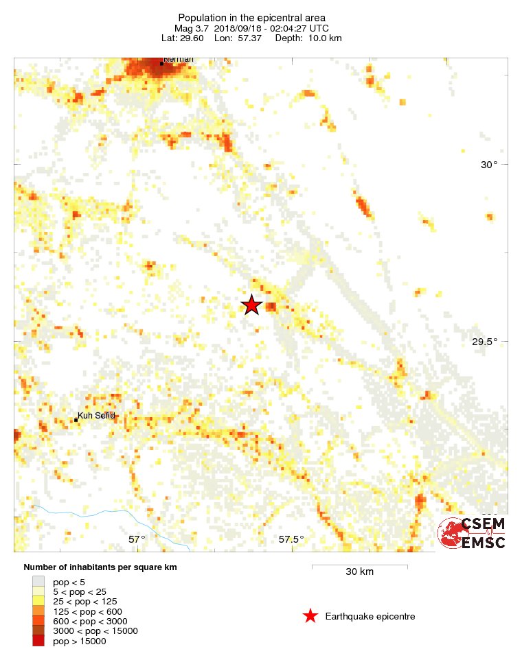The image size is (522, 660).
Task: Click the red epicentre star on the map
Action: pyautogui.click(x=252, y=305)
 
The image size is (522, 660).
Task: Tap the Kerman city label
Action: pyautogui.click(x=179, y=60)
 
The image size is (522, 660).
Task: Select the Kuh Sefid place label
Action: pyautogui.click(x=96, y=415)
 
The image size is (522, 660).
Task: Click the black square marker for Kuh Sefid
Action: pyautogui.click(x=76, y=420)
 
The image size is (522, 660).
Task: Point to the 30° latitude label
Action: pyautogui.click(x=488, y=164)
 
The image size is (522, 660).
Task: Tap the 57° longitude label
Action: pyautogui.click(x=137, y=539)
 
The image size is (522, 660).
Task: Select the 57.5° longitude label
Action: pyautogui.click(x=291, y=539)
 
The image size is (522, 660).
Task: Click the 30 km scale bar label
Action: pyautogui.click(x=359, y=572)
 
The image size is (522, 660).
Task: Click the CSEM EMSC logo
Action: pyautogui.click(x=472, y=533)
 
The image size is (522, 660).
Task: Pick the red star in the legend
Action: pyautogui.click(x=310, y=616)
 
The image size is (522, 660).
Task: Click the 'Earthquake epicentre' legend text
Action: pyautogui.click(x=370, y=617)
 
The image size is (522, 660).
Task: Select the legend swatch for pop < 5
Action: pyautogui.click(x=38, y=581)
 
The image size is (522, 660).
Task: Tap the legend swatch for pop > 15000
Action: pyautogui.click(x=38, y=641)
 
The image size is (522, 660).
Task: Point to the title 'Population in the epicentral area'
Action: pyautogui.click(x=251, y=18)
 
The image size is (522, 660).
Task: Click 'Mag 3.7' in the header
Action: pyautogui.click(x=192, y=28)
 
